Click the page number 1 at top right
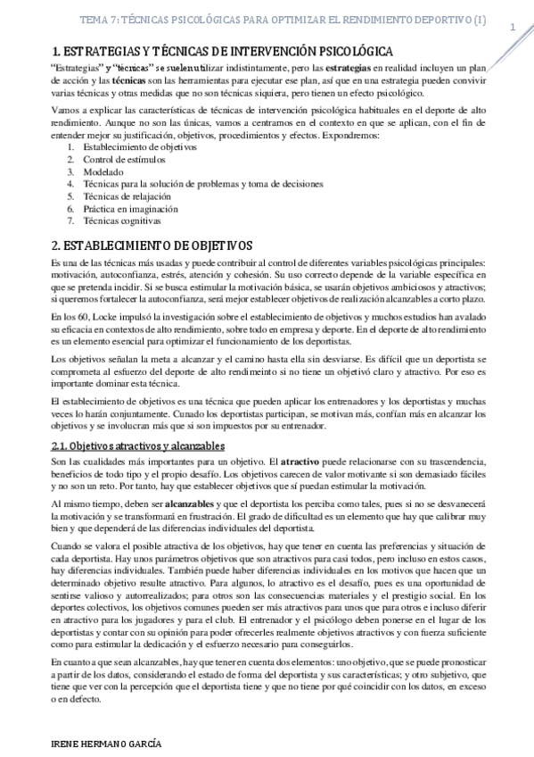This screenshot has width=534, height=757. (x=513, y=28)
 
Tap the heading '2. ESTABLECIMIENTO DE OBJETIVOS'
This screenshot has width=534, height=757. (x=152, y=244)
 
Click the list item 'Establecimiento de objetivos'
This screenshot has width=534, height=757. (x=139, y=146)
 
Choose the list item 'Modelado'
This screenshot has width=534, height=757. (x=103, y=171)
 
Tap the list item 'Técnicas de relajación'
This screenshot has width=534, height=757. (x=126, y=195)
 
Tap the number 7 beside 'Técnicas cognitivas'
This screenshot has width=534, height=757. (x=71, y=220)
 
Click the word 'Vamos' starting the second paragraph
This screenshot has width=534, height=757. (x=65, y=110)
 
